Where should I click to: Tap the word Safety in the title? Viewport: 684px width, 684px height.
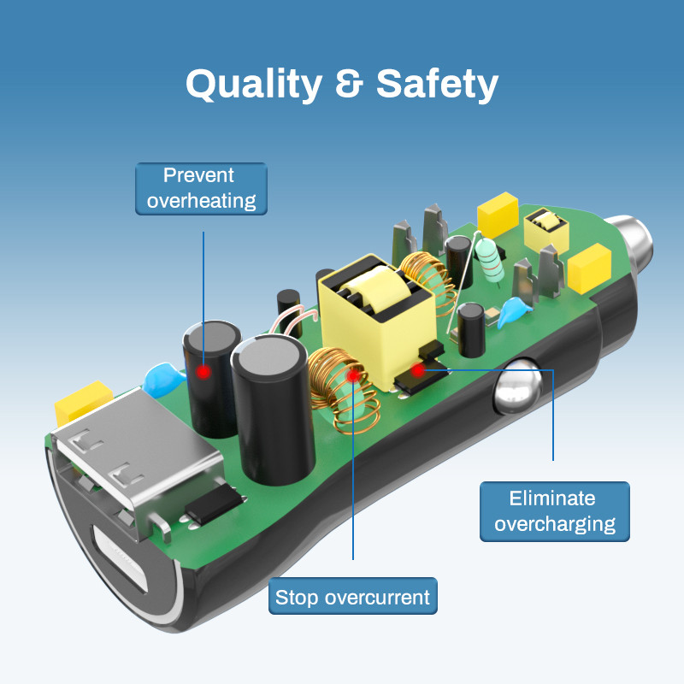pos(437,85)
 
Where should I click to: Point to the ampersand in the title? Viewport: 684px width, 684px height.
pos(348,85)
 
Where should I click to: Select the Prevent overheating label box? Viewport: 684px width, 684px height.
pos(201,188)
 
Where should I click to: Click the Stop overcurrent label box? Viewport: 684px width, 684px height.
pos(353,596)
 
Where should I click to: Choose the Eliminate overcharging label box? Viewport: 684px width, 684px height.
pos(555,511)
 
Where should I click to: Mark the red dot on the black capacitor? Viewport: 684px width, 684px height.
pos(203,372)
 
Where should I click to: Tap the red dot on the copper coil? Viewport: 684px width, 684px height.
pos(352,374)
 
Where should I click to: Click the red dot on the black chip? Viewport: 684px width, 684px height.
pos(417,370)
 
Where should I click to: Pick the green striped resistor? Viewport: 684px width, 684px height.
pos(490,257)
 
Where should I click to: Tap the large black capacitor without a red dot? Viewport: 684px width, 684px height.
pos(268,410)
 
